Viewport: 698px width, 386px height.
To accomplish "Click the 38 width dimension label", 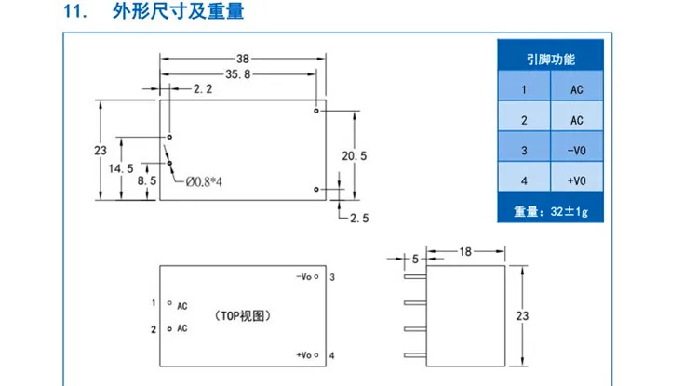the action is click(243, 59).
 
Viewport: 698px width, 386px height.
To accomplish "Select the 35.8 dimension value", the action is click(238, 74).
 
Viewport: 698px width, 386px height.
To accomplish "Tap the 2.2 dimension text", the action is click(203, 89).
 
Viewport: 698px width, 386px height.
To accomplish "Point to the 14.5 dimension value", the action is click(121, 168).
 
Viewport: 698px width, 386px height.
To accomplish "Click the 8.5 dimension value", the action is click(147, 180).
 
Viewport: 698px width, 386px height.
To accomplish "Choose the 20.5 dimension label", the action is click(355, 155).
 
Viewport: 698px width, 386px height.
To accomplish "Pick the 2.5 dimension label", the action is click(359, 218).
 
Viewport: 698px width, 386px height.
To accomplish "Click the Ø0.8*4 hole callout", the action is click(204, 182).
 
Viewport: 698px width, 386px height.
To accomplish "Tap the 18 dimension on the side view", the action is click(465, 252).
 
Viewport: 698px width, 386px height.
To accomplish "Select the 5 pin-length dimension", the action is click(415, 259).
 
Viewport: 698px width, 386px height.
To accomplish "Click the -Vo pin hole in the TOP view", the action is click(316, 276).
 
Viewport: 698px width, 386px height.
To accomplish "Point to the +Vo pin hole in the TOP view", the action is click(316, 355).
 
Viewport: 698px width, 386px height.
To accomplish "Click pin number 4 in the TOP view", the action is click(332, 355).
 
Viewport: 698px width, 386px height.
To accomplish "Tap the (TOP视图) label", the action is click(243, 316).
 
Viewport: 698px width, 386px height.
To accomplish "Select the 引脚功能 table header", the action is click(551, 60).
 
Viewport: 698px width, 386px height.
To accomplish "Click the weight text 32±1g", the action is click(569, 211).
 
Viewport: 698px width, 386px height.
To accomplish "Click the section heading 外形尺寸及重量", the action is click(178, 11).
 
